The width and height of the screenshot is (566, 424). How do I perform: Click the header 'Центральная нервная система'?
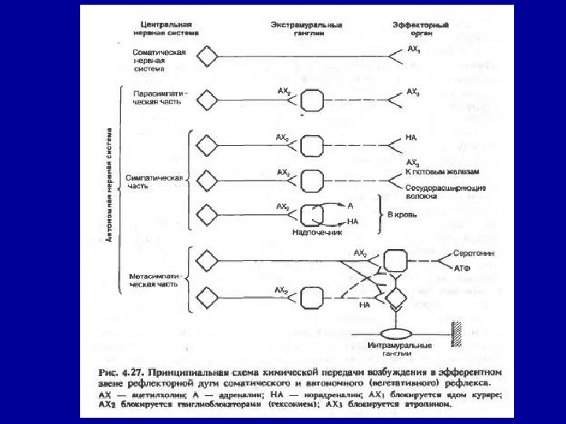coord(164,29)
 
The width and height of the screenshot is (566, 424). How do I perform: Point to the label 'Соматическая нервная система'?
coord(159,59)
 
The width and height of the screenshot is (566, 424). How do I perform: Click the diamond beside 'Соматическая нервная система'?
coord(208,57)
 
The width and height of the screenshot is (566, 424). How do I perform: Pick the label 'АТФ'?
coord(462,268)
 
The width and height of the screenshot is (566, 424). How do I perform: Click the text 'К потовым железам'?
coord(442,170)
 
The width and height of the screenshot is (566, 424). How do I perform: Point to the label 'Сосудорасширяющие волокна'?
coord(445,193)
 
